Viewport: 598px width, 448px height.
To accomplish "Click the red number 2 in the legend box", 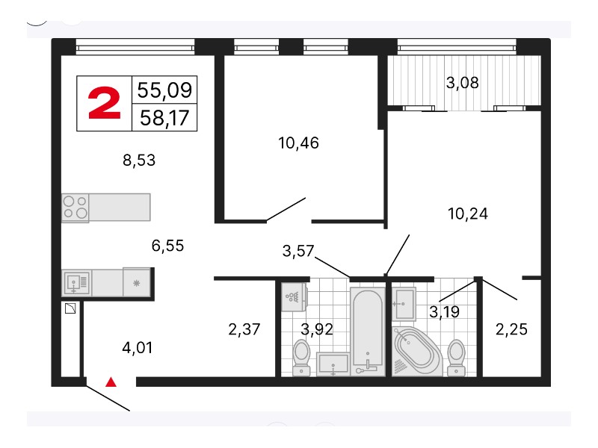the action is (104, 102).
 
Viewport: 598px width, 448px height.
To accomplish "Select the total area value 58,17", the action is (164, 118).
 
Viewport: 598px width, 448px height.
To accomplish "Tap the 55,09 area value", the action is (164, 90).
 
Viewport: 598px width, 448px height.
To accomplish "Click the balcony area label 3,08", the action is (462, 83).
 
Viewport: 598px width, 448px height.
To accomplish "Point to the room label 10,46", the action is (298, 143).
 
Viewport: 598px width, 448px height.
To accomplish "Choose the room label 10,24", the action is (468, 214).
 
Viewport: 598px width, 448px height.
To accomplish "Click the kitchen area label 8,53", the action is (139, 161).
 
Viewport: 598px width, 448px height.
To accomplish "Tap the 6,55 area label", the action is (167, 246).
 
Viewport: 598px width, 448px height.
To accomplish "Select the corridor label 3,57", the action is (298, 251).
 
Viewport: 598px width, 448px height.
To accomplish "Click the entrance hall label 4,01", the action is (138, 348).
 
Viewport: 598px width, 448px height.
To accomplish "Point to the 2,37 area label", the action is (244, 329).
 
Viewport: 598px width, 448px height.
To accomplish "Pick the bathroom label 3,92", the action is (316, 329).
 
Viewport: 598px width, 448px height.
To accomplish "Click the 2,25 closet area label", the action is (511, 329).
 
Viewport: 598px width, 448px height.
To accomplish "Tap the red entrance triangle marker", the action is (111, 382).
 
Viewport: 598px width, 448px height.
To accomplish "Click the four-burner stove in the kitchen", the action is (75, 208).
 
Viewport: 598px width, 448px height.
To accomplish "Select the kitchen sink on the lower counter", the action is (77, 283).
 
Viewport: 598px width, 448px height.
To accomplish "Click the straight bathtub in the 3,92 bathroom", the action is (367, 332).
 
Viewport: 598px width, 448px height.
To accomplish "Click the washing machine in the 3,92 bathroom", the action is (293, 296).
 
